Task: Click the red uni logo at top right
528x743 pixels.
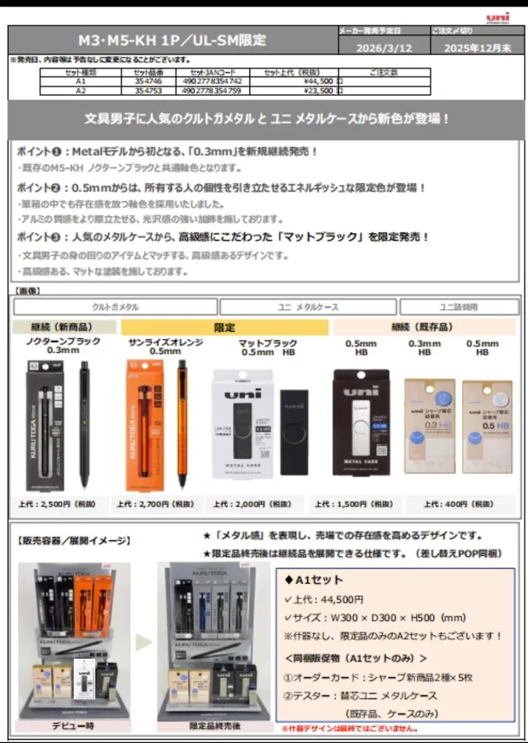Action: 497,17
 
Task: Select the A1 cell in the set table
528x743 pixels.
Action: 80,82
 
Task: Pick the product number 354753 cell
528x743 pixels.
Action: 148,91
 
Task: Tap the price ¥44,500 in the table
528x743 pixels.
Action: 317,82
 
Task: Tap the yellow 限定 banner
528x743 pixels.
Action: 224,327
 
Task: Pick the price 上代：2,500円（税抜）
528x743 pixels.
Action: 64,503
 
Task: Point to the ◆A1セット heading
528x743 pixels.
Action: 314,579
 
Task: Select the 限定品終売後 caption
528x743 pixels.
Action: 214,726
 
